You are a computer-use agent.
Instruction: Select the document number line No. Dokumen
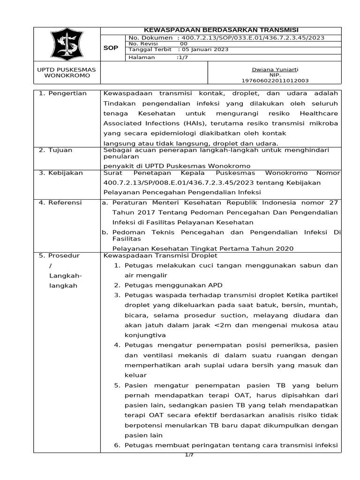point(226,38)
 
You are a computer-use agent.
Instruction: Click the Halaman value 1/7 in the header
point(180,58)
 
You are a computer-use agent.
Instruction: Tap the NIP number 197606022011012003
point(274,81)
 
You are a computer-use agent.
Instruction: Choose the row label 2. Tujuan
point(56,150)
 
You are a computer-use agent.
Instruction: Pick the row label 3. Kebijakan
point(60,172)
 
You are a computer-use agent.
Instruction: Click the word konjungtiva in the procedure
point(145,335)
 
